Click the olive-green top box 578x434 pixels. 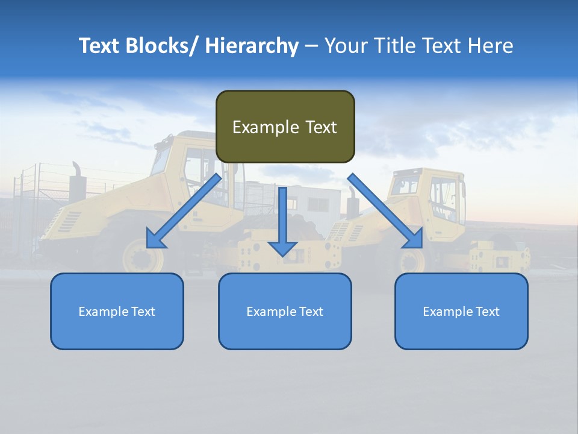285,127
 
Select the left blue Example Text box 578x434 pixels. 117,311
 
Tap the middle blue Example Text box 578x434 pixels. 285,311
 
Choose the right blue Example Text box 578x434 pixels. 461,311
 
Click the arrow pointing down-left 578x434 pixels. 184,211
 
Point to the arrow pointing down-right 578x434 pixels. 385,211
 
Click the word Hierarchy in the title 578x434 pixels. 252,46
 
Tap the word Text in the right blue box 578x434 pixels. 487,312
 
